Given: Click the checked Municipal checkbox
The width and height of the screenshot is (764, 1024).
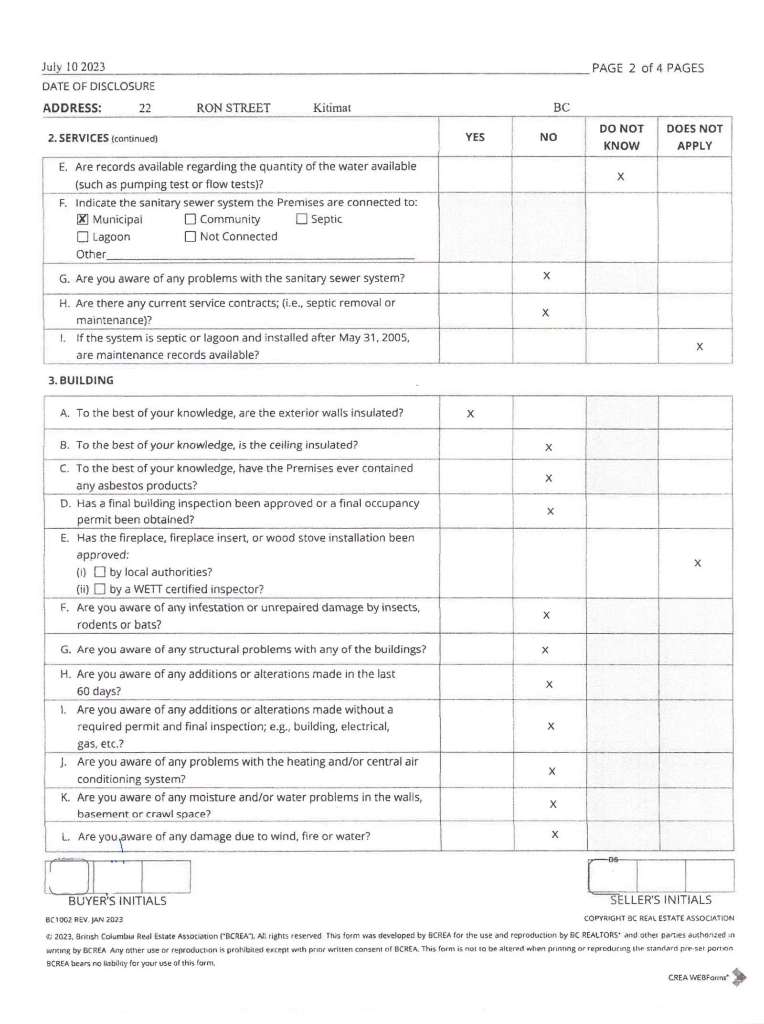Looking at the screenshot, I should pos(83,219).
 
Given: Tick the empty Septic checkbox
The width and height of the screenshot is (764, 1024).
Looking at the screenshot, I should pos(301,219).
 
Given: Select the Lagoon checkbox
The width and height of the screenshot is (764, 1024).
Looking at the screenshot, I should pos(83,237).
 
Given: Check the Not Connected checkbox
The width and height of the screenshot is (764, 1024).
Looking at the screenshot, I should pos(190,236).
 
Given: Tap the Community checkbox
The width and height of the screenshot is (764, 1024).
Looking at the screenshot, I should pos(190,219).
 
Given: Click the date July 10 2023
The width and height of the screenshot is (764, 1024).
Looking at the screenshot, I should pos(74,67).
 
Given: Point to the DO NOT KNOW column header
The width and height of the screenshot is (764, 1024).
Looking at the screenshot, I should pos(621,137).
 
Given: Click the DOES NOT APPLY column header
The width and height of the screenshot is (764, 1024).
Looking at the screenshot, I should pos(694,137).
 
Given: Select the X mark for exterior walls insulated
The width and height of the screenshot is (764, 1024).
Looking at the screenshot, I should pos(470,414).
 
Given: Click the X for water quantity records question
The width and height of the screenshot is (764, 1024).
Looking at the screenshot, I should pos(621,177).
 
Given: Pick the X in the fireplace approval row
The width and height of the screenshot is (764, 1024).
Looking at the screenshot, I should pos(698,563).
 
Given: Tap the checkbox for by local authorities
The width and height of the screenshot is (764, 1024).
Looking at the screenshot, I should pos(100,572).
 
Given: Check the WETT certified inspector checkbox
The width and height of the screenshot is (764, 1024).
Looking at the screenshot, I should pos(100,589).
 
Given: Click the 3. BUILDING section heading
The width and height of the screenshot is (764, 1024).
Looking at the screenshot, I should pos(81,381).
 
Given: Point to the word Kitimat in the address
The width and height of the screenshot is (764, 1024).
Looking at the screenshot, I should pos(332,108).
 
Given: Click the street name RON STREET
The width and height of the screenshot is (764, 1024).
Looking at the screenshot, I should pos(233,108).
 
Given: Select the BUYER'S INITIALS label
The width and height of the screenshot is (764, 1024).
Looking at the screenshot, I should pos(117,901).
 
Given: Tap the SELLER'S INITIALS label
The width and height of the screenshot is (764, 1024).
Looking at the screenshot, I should pos(661,900).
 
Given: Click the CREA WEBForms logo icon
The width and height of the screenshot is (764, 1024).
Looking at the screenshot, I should pos(739,977).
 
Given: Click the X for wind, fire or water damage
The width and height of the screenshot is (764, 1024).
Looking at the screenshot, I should pos(555,834).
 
